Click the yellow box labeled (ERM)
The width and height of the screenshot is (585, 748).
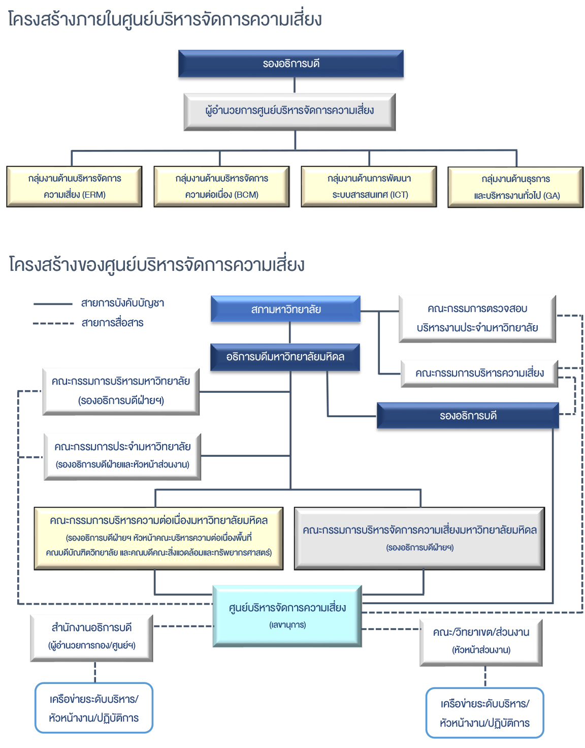pos(74,186)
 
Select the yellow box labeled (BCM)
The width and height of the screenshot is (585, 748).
pos(221,186)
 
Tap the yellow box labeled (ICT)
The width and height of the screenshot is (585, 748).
pos(369,186)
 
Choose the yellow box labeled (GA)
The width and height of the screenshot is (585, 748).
pos(515,187)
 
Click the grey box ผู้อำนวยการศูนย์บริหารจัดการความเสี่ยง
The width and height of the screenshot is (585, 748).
pos(289,111)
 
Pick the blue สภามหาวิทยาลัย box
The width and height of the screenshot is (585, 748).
pos(285,309)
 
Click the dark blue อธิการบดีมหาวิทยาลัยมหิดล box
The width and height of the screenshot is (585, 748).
pos(285,357)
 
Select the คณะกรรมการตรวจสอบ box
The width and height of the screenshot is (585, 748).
pos(477,319)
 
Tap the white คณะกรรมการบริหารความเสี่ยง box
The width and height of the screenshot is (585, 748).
pos(479,373)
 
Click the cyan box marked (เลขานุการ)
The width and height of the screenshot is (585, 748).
pos(287,615)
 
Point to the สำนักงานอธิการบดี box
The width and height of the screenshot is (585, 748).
pos(91,637)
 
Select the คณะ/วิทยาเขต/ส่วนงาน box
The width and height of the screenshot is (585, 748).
pos(481,641)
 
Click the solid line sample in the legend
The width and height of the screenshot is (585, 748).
pos(53,304)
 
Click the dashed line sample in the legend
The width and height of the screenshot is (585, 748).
pos(53,323)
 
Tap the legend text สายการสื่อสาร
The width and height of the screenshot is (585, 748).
pos(112,323)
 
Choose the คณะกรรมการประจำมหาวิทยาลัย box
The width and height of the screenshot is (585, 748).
pos(122,456)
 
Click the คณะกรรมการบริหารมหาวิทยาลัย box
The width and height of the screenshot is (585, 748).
pos(121,391)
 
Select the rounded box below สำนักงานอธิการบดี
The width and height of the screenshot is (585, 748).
pos(93,708)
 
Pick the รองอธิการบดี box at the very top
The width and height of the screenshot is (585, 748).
pos(290,64)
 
